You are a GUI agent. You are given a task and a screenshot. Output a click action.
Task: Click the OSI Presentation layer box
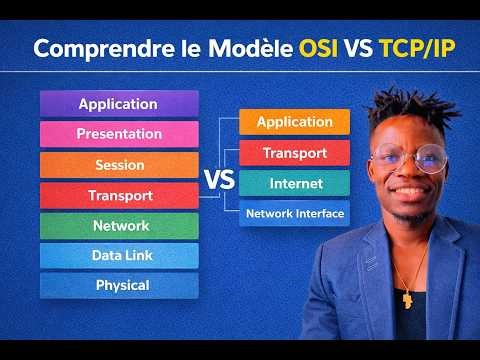119,134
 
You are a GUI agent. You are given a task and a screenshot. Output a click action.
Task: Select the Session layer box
119,165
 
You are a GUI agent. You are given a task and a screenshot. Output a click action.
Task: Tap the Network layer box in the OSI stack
119,226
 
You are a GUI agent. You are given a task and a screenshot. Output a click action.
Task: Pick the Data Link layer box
119,256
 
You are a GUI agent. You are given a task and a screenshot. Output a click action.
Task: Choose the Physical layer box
119,286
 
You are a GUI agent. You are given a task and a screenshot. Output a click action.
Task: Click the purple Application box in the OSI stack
119,104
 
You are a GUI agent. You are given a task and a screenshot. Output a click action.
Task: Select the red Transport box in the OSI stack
119,195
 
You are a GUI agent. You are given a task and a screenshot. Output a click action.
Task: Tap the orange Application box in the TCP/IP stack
294,122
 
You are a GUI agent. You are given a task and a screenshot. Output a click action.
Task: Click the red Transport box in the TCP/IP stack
294,153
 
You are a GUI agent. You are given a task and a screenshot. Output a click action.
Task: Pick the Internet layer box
294,184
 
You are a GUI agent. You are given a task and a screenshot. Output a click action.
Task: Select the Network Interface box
294,213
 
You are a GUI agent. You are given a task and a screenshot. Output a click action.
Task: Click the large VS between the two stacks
218,181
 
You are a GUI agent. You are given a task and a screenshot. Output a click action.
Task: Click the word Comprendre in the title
92,49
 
